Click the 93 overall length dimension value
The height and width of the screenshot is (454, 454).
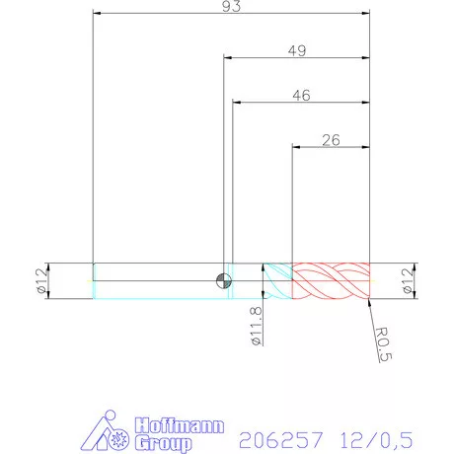pyautogui.click(x=232, y=7)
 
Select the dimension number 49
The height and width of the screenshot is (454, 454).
pyautogui.click(x=297, y=50)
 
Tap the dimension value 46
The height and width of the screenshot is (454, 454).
pyautogui.click(x=303, y=95)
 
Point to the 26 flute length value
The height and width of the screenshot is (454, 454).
pyautogui.click(x=331, y=140)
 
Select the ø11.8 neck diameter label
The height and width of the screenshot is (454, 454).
pyautogui.click(x=254, y=327)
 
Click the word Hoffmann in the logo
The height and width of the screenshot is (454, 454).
pyautogui.click(x=164, y=425)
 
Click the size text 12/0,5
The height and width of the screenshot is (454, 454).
pyautogui.click(x=374, y=436)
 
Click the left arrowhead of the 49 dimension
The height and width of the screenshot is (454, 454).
pyautogui.click(x=228, y=58)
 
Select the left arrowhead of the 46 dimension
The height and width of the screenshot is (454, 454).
pyautogui.click(x=236, y=103)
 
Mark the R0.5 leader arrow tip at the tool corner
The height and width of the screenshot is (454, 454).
pyautogui.click(x=367, y=299)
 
